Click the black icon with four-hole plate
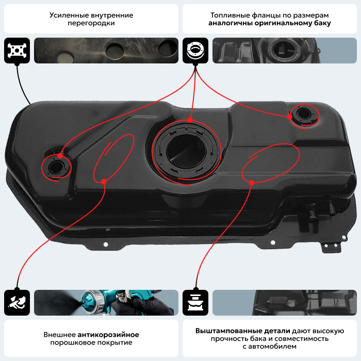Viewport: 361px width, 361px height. [x=17, y=50]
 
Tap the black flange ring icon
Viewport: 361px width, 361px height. [x=195, y=50]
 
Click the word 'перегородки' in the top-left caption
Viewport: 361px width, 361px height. [x=91, y=24]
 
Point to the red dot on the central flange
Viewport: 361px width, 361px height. [x=190, y=120]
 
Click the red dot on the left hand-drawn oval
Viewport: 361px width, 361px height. [x=104, y=180]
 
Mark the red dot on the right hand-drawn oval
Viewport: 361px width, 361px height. [x=252, y=183]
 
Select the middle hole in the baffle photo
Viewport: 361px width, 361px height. [x=113, y=51]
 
